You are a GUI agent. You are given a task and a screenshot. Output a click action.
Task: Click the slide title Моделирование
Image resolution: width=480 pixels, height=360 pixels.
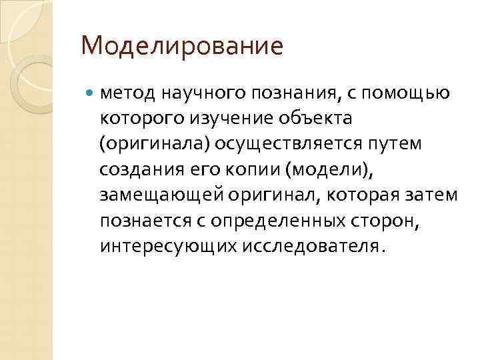(x=181, y=47)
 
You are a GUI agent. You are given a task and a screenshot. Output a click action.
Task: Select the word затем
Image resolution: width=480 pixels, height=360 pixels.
(x=435, y=195)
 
